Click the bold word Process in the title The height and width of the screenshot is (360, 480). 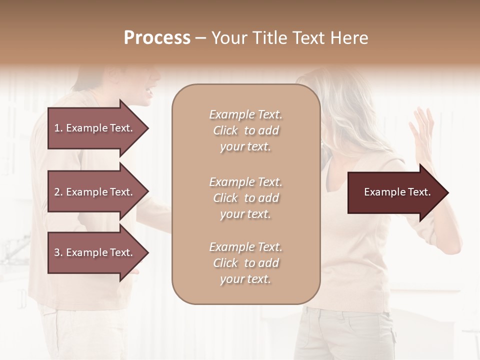157,38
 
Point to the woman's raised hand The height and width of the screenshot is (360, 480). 423,132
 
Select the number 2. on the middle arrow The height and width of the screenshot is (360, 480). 58,192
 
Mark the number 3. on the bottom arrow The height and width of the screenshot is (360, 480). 58,252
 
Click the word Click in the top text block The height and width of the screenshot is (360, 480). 225,131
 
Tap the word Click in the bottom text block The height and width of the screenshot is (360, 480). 225,263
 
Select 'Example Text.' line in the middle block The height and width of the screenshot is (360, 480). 245,182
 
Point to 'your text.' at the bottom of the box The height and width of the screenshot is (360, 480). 245,279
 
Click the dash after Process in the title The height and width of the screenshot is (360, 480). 201,38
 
